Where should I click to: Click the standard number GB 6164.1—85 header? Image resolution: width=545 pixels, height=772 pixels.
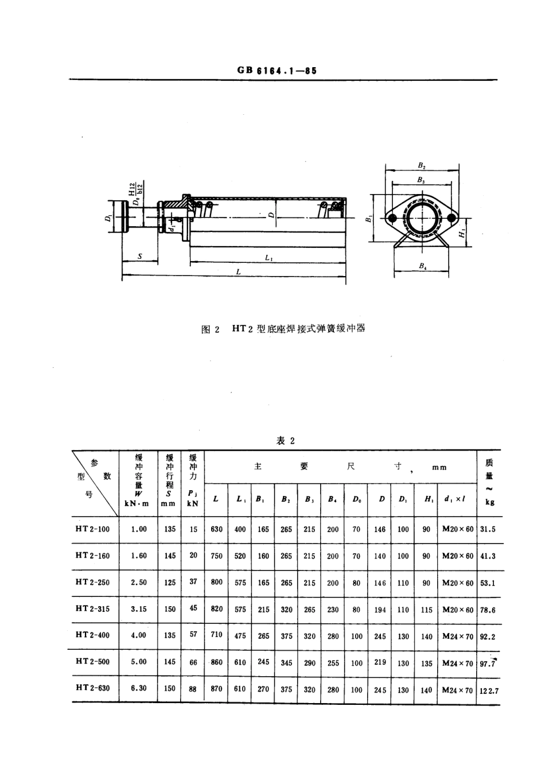pyautogui.click(x=277, y=70)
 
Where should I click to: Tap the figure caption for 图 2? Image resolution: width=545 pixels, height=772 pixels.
pyautogui.click(x=283, y=329)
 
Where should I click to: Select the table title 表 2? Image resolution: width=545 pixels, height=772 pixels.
pyautogui.click(x=285, y=441)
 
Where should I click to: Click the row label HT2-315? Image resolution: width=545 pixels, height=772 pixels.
pyautogui.click(x=92, y=608)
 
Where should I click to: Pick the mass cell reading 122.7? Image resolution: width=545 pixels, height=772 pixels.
pyautogui.click(x=489, y=690)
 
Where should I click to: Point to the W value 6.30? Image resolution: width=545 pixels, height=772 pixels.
pyautogui.click(x=139, y=688)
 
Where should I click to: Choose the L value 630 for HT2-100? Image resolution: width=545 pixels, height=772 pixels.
pyautogui.click(x=216, y=529)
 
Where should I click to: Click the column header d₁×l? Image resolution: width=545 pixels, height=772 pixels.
pyautogui.click(x=457, y=499)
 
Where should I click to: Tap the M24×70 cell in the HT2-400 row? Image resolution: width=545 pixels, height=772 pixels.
pyautogui.click(x=458, y=636)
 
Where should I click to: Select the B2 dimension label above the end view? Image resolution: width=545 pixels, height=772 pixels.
pyautogui.click(x=422, y=165)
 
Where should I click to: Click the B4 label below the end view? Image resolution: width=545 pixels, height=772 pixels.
pyautogui.click(x=422, y=266)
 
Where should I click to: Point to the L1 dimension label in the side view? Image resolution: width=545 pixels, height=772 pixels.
pyautogui.click(x=269, y=259)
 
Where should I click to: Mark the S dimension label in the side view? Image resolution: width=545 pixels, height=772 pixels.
pyautogui.click(x=139, y=257)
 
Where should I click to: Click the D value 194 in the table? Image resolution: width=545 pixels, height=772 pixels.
pyautogui.click(x=380, y=610)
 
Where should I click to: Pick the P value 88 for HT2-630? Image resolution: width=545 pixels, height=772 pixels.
pyautogui.click(x=193, y=689)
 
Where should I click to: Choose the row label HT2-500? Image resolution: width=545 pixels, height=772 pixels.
pyautogui.click(x=92, y=661)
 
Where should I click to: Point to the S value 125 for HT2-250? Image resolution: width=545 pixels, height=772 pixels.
pyautogui.click(x=170, y=582)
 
